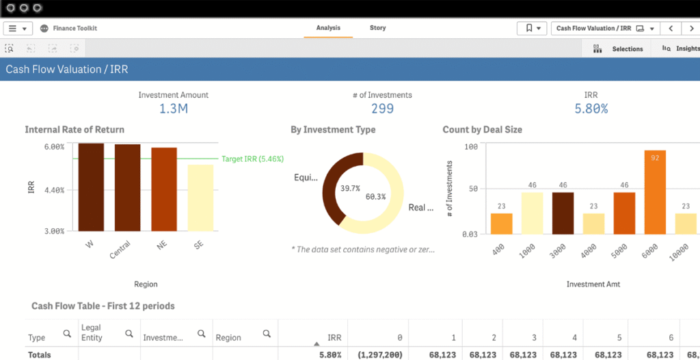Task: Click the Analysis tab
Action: click(328, 28)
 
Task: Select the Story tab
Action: click(377, 28)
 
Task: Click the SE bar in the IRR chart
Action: click(200, 197)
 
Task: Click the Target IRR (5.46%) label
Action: click(252, 158)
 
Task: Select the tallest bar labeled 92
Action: click(655, 192)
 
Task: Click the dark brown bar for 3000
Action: click(563, 212)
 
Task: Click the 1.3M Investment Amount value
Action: click(174, 109)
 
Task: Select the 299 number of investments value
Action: click(382, 109)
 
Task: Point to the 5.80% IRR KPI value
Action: click(591, 109)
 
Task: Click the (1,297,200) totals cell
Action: click(381, 355)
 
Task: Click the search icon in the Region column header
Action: click(267, 333)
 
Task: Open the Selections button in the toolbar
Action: click(619, 49)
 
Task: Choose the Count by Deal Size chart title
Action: click(483, 130)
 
